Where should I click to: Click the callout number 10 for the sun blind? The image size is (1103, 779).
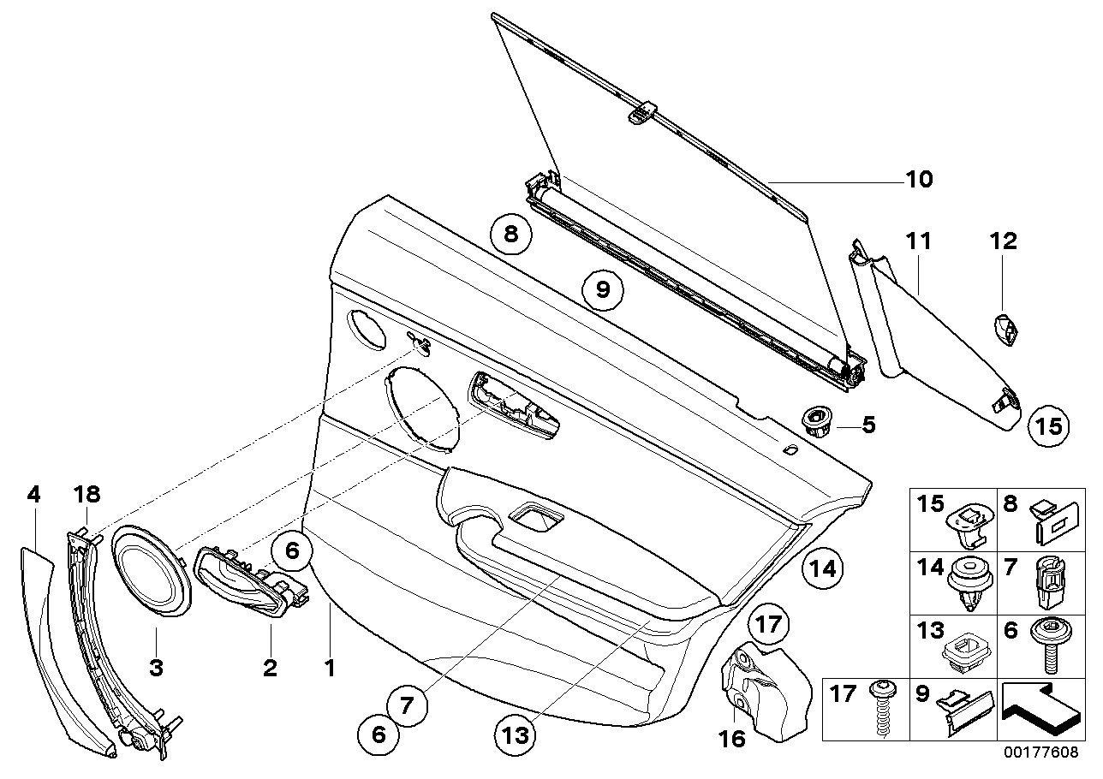[x=919, y=180]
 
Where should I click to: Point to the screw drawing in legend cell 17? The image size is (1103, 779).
[x=880, y=709]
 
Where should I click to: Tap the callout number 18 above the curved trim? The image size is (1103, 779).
[x=87, y=494]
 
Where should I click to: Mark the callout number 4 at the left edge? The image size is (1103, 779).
[x=33, y=494]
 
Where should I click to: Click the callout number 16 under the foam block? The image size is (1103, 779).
[x=733, y=737]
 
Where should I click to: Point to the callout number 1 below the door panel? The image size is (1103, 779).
[x=330, y=668]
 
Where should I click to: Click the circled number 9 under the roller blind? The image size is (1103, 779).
[x=603, y=289]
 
